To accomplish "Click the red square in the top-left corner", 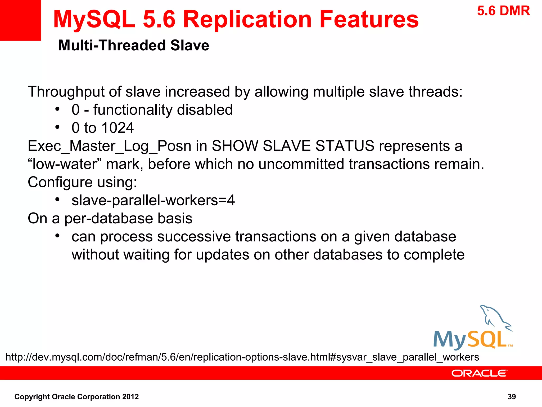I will point(20,20).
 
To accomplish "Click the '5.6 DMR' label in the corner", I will point(503,11).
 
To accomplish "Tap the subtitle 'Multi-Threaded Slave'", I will point(134,45).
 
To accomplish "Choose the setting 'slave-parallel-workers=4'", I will point(153,201).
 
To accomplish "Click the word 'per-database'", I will point(109,219).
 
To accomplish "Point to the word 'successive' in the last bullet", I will point(194,237).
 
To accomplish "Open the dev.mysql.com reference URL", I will point(242,357).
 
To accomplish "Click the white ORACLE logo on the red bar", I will point(479,373).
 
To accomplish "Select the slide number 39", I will point(512,397).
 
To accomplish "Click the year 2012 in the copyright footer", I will point(130,397).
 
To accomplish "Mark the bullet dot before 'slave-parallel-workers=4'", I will point(57,200).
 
